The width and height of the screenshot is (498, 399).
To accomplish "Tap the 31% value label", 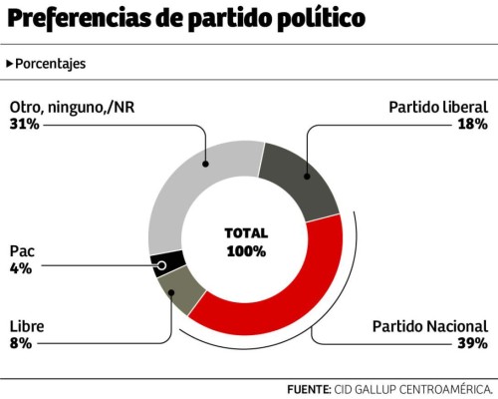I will click(x=24, y=124).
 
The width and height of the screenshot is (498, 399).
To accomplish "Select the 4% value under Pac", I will click(x=20, y=268).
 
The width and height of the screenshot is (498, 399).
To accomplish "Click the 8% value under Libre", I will click(x=20, y=343).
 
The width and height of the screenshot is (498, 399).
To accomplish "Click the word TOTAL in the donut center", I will click(x=246, y=232).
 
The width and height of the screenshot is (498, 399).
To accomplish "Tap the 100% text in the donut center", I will click(x=246, y=250).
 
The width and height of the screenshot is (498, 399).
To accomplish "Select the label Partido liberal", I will click(x=437, y=107).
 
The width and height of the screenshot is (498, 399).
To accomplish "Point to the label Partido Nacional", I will click(x=429, y=326).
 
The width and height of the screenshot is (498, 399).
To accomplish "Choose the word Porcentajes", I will click(x=50, y=64).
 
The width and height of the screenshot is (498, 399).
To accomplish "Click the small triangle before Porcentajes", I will click(x=9, y=64).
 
